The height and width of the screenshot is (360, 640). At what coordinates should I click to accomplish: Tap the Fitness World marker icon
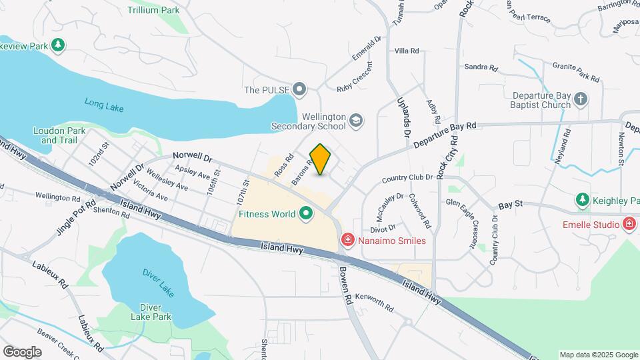point(307,214)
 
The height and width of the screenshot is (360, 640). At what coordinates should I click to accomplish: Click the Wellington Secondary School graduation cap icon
point(356,121)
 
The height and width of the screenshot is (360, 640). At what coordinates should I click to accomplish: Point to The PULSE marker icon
point(300,89)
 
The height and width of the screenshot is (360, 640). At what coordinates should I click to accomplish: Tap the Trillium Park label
point(153,10)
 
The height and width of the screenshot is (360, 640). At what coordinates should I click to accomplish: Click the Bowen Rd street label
point(346,285)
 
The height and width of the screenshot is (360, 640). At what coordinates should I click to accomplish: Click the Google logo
point(22,351)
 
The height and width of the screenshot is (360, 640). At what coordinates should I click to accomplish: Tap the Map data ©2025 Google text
point(597,355)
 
